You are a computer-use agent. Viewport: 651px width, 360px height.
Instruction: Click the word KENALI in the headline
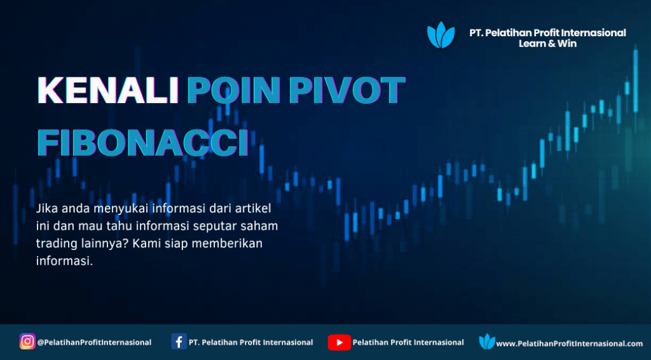tap(108, 90)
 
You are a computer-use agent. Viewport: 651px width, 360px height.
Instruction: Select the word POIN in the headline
tap(235, 90)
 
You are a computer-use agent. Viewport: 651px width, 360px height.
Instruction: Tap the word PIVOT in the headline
tap(347, 90)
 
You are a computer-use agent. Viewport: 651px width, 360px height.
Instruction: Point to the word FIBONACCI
tap(143, 143)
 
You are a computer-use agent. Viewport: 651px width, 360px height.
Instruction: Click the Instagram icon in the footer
tap(27, 342)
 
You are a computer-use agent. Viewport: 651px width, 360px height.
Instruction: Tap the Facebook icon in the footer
tap(179, 342)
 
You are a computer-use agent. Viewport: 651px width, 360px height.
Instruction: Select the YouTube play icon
tap(339, 342)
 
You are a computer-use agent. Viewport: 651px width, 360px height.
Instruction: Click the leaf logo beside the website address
tap(487, 342)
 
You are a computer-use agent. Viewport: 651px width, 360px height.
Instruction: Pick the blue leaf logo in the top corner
tap(441, 35)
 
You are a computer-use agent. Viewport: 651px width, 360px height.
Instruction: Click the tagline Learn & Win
tap(547, 43)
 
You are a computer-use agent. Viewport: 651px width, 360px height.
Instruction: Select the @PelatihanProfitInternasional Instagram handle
tap(94, 343)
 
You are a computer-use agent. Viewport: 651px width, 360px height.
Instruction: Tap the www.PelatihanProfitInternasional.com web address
tap(570, 344)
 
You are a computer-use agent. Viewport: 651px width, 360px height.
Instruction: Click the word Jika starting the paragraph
tap(45, 209)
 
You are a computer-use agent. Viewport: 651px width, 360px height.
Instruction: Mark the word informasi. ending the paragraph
tap(64, 261)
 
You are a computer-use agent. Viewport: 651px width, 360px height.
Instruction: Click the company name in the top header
tap(547, 33)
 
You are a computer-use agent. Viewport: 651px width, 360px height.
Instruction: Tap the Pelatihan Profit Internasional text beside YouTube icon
tap(408, 343)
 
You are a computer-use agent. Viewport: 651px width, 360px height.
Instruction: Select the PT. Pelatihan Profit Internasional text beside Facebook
tap(250, 343)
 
